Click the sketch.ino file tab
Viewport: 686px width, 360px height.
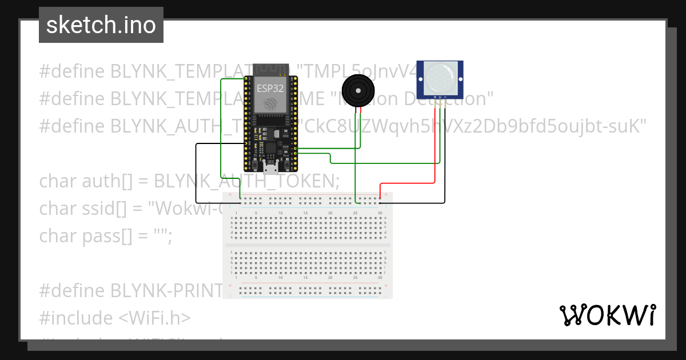[x=101, y=25]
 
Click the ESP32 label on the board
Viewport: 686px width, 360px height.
[x=270, y=89]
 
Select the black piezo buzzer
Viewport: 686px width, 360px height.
[x=358, y=90]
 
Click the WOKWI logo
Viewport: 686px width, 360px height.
[x=607, y=315]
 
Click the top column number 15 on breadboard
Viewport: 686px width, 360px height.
[x=305, y=213]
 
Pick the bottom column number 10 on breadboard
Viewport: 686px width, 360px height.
[x=280, y=277]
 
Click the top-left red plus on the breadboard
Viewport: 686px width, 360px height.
[x=230, y=195]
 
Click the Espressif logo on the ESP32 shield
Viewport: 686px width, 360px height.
[x=269, y=103]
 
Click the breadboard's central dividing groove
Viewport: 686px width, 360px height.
[x=308, y=245]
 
